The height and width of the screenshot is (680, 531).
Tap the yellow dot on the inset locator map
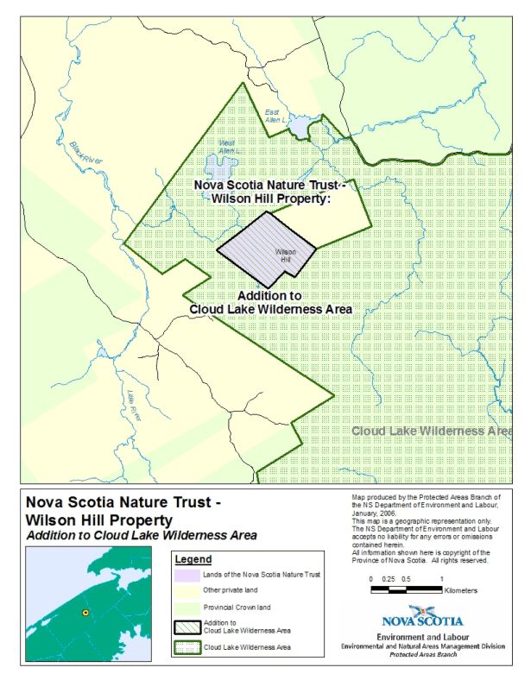tap(85, 612)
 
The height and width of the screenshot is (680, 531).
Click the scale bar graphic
tap(406, 590)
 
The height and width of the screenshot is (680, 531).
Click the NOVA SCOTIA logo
tap(422, 620)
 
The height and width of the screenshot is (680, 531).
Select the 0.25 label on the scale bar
tap(389, 578)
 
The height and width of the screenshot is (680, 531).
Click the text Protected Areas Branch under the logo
tap(422, 655)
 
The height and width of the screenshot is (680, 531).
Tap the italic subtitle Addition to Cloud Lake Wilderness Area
tap(141, 536)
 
